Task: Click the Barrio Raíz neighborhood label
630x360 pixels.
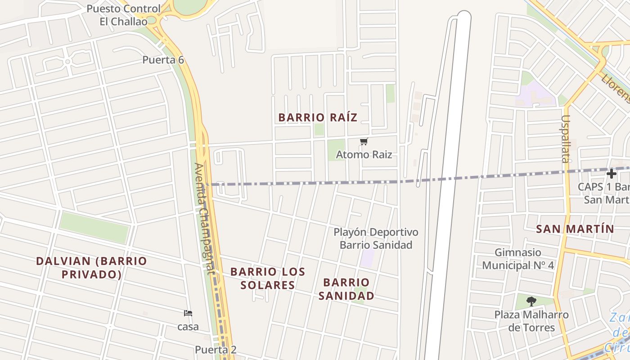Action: click(x=318, y=117)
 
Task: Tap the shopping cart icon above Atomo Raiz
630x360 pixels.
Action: click(x=364, y=142)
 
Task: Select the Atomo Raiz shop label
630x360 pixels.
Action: click(x=364, y=155)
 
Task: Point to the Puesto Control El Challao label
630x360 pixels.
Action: click(x=123, y=15)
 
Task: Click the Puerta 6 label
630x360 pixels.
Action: click(x=163, y=60)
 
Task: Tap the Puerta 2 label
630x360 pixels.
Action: click(x=216, y=350)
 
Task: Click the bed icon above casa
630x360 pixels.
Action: click(x=188, y=313)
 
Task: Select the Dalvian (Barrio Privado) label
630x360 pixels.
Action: click(x=91, y=268)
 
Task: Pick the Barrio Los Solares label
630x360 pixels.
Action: click(x=268, y=278)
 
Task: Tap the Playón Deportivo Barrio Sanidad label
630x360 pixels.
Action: click(x=376, y=238)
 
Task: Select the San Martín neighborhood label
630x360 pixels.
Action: click(x=575, y=229)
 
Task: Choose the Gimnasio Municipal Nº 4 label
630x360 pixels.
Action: click(x=518, y=259)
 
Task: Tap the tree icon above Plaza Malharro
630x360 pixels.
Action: click(x=531, y=301)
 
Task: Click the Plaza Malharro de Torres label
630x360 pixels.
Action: click(x=531, y=321)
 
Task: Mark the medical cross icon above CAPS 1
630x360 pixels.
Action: click(x=611, y=174)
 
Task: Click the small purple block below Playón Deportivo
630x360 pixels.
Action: click(x=368, y=258)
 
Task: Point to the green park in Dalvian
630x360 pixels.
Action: click(x=94, y=228)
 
